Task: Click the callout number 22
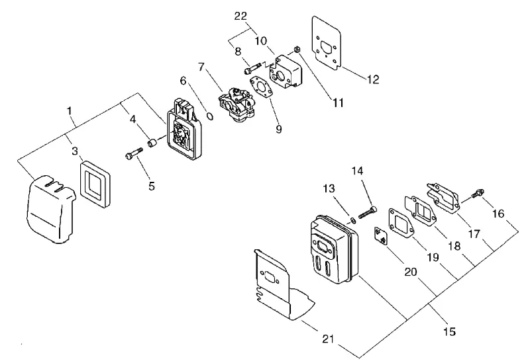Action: tap(240, 16)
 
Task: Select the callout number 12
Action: tap(373, 79)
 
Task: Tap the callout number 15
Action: tap(449, 332)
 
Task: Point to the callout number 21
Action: tap(328, 339)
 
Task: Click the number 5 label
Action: tap(152, 186)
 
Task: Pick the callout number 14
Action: tap(357, 171)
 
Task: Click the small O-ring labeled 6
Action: tap(210, 116)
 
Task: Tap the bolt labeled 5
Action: tap(134, 153)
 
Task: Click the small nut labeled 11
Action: tap(296, 50)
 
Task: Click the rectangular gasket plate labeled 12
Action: tap(326, 43)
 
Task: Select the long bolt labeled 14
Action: tap(368, 212)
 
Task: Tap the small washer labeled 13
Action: tap(353, 221)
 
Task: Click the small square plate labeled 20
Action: tap(380, 236)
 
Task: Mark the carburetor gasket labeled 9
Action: tap(260, 87)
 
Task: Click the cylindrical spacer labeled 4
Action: tap(152, 143)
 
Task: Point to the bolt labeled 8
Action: tap(253, 67)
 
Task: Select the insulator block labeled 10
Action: tap(286, 73)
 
